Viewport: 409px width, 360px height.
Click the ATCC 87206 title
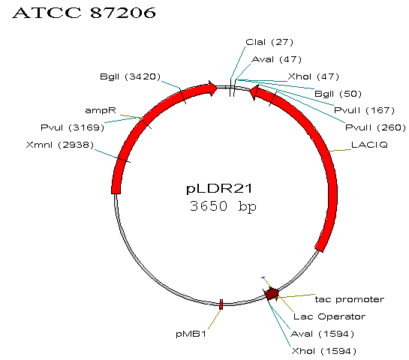[x=84, y=13]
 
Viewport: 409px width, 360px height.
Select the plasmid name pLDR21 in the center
[x=219, y=188]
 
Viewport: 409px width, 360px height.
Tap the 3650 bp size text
[x=223, y=206]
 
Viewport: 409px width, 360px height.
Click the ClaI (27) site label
[x=269, y=42]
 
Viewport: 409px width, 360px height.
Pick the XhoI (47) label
[x=313, y=76]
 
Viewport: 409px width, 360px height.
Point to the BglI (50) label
[x=338, y=94]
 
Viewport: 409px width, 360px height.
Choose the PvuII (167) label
[x=364, y=110]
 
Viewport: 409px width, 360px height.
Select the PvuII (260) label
[x=375, y=127]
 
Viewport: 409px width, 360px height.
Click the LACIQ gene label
[x=369, y=145]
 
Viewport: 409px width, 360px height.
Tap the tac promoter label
[x=350, y=299]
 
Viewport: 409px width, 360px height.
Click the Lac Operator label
[x=329, y=316]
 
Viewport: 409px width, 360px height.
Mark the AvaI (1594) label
[x=322, y=334]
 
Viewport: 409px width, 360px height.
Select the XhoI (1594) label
[x=323, y=351]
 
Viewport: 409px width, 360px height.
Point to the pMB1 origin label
[x=191, y=334]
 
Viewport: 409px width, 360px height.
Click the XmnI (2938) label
[x=60, y=145]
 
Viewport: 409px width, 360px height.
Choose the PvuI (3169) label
[x=72, y=127]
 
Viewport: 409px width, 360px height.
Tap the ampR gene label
[x=101, y=110]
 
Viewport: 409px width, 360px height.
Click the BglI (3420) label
[x=130, y=76]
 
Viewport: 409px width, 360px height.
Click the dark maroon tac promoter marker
[x=272, y=294]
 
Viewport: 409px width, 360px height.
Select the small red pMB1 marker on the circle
[x=221, y=304]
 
